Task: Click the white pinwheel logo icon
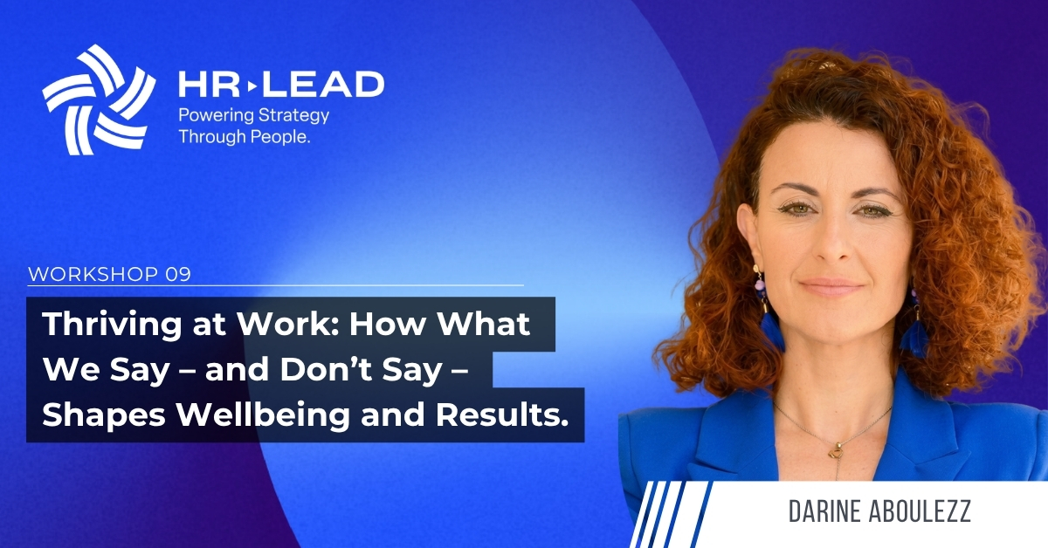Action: [99, 99]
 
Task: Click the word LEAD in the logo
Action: [323, 85]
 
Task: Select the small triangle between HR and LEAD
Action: [252, 86]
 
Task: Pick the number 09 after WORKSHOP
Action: [178, 275]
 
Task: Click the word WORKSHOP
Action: [93, 275]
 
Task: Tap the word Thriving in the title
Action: [112, 325]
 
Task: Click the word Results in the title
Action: [502, 414]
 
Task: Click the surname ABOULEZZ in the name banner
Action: [920, 511]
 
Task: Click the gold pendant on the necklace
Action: [834, 451]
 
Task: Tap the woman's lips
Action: [831, 286]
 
